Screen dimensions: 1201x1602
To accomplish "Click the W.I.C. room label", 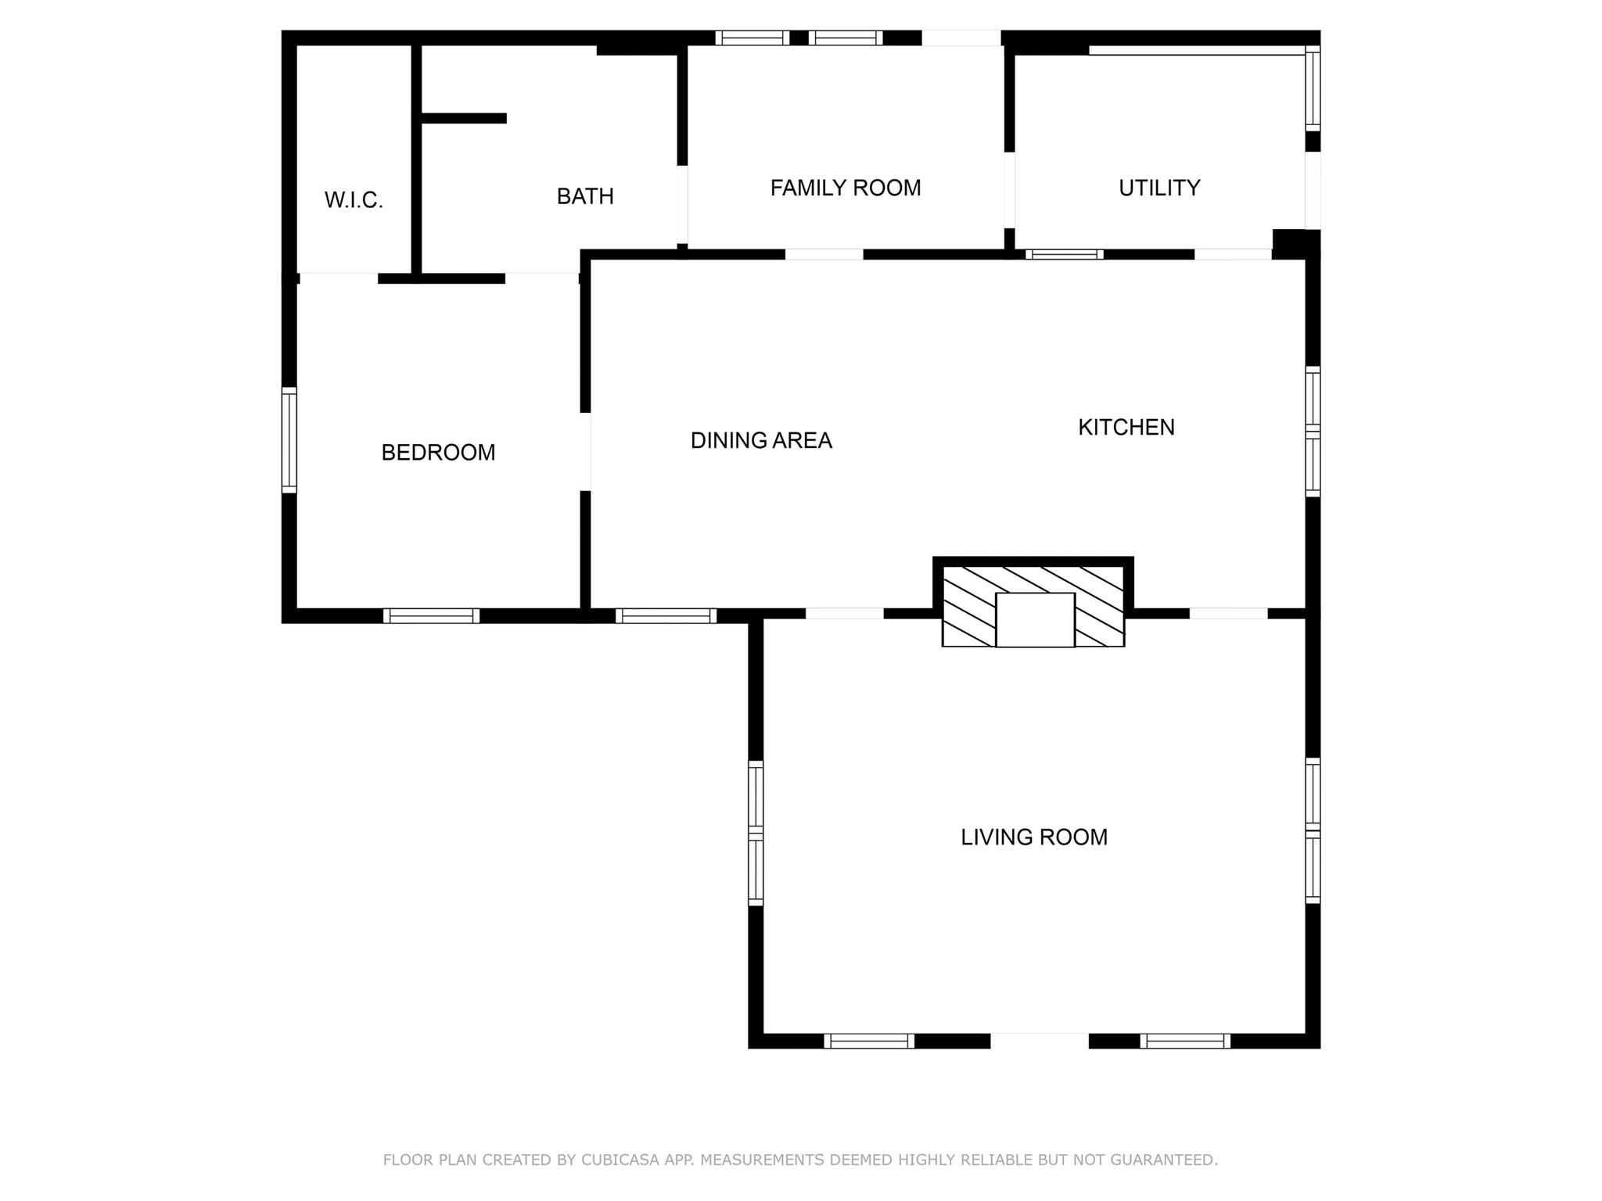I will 354,200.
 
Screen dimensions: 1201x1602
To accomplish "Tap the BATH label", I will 585,196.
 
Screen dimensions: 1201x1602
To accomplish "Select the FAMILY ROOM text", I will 845,188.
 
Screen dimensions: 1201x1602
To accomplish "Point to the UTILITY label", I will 1158,188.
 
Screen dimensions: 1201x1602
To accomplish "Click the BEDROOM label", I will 438,452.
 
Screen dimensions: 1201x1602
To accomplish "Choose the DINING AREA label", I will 760,440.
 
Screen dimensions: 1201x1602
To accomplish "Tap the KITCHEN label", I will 1126,427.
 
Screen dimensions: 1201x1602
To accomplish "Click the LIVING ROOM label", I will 1033,837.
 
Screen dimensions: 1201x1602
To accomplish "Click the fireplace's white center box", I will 1035,619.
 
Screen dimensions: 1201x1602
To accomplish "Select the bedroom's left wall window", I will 289,439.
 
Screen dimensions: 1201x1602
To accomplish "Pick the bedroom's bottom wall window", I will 431,616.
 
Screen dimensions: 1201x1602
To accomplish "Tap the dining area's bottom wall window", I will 666,616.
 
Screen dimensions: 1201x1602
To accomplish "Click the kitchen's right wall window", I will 1313,431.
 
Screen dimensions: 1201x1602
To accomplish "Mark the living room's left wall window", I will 756,832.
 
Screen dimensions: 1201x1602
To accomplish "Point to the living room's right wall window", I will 1313,830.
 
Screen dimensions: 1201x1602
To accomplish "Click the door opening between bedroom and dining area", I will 585,451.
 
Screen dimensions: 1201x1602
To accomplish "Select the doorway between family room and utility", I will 1009,189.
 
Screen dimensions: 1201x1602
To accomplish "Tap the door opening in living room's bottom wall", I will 1039,1041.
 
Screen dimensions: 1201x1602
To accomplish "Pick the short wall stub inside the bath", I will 463,118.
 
